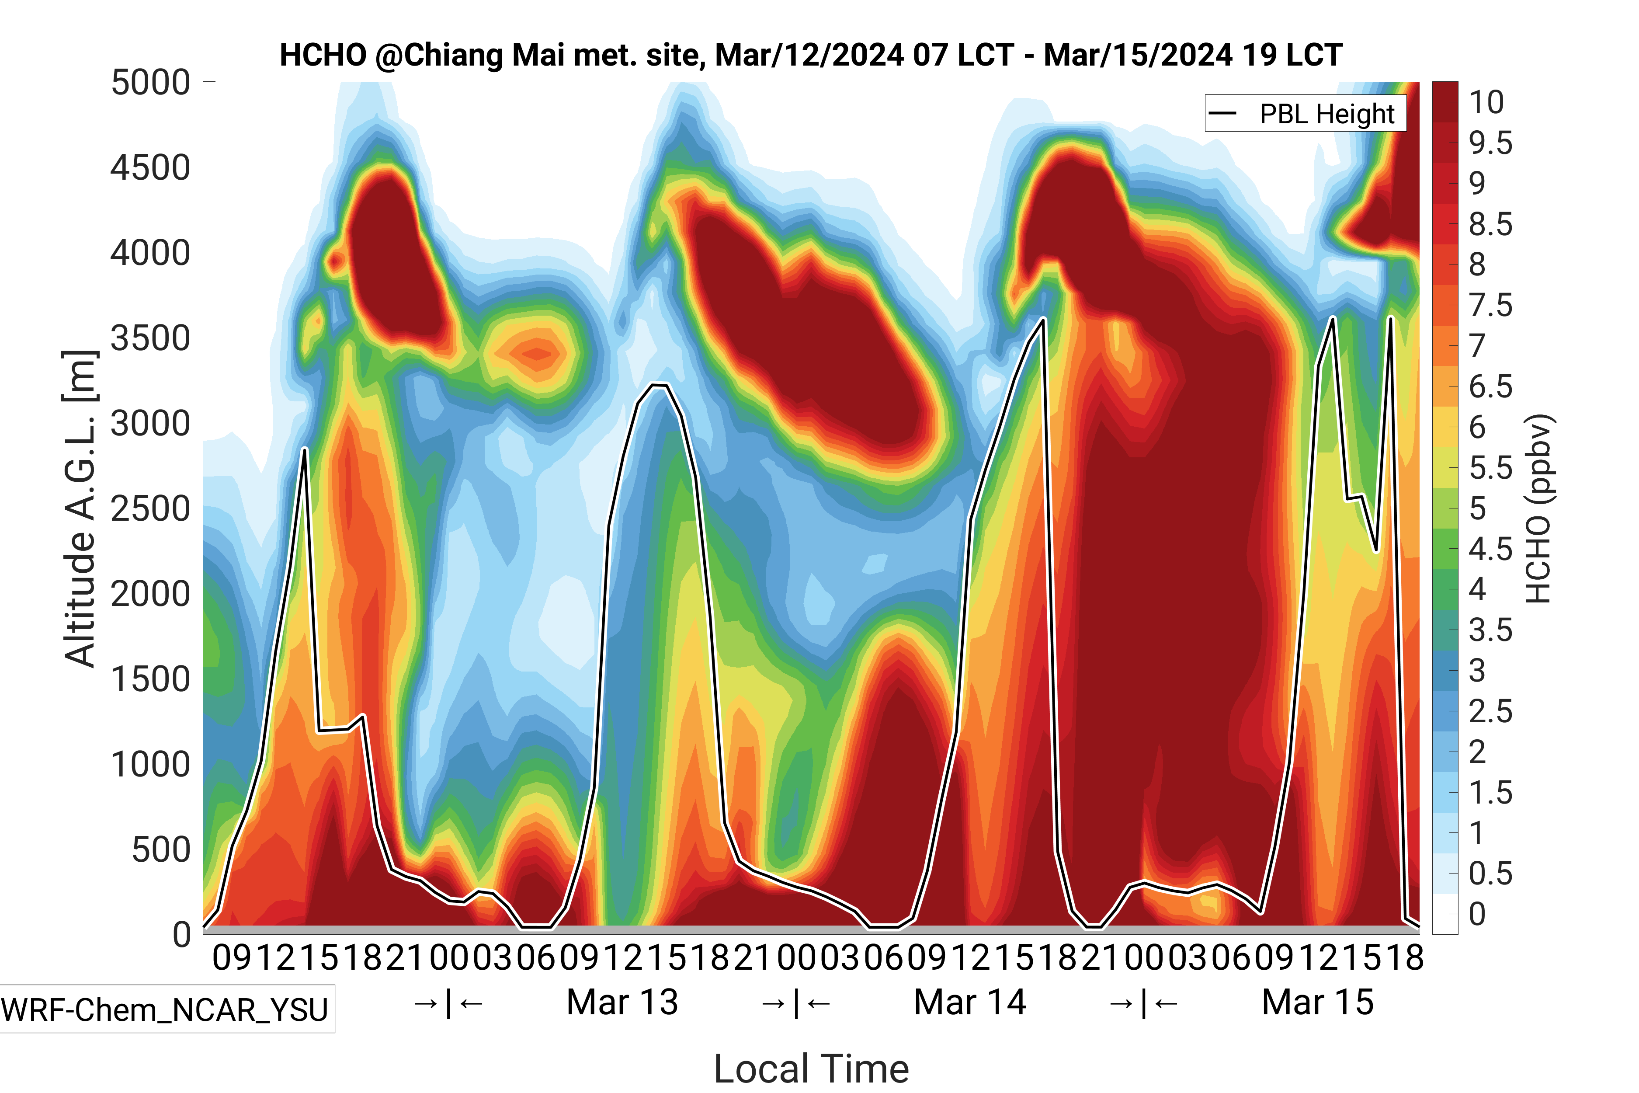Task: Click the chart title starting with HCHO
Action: [810, 55]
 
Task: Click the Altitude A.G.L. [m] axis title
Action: [80, 509]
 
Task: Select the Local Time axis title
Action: [811, 1068]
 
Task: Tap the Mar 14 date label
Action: [969, 1002]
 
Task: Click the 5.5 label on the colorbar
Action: [1490, 468]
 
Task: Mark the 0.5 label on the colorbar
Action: [1490, 874]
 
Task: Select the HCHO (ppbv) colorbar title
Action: [1538, 509]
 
